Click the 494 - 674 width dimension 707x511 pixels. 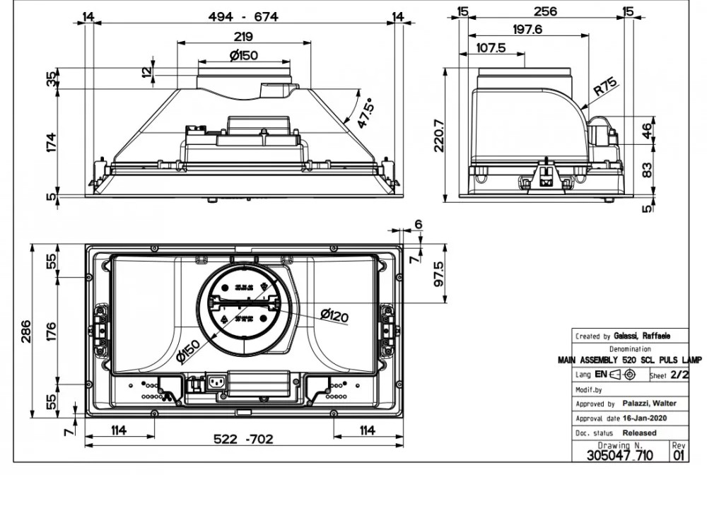point(243,17)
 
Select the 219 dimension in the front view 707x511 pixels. point(243,37)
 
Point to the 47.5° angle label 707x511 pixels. point(366,113)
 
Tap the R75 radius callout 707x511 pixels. point(605,86)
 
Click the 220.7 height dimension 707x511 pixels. point(439,136)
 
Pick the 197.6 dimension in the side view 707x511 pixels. point(527,29)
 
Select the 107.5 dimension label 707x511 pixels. point(491,47)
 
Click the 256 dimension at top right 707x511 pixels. point(545,11)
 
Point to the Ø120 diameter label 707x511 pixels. point(334,315)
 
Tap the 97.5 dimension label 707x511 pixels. point(439,274)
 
